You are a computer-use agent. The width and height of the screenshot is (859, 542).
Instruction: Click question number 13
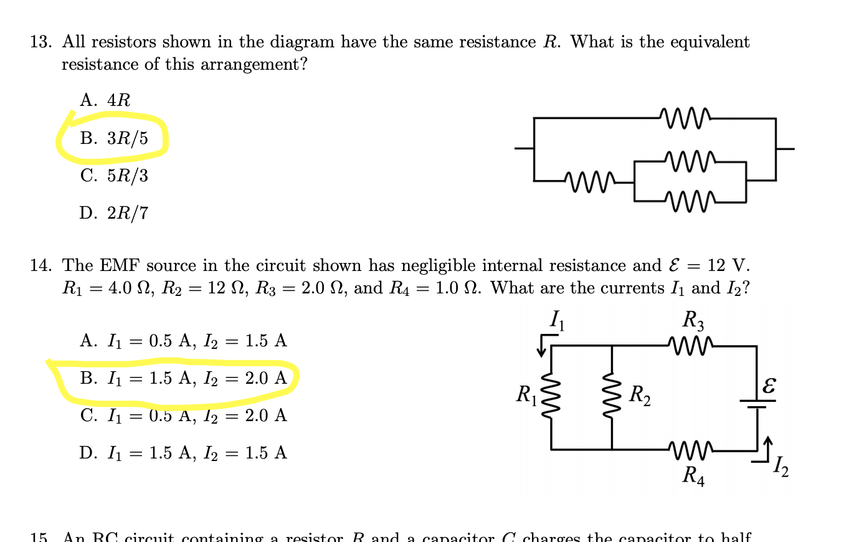point(40,42)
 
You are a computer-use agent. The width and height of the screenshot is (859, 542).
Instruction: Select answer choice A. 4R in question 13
point(105,100)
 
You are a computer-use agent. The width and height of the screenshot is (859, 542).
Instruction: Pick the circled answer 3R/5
point(114,138)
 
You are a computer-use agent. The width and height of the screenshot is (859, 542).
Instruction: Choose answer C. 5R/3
point(114,176)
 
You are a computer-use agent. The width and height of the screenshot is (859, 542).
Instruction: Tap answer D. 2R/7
point(114,213)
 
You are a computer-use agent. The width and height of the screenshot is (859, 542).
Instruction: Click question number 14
point(40,266)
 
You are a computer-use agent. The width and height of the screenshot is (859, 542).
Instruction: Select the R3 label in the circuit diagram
point(693,320)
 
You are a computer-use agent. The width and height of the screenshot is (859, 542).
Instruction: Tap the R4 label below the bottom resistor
point(693,476)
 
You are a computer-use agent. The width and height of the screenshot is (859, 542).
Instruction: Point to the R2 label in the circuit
point(640,395)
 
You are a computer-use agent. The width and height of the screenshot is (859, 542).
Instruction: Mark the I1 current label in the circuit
point(557,321)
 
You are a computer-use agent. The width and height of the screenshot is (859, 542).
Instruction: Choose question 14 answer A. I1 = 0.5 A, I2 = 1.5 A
point(183,341)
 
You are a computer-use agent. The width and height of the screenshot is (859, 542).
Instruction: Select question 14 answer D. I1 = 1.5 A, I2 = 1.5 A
point(183,453)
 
